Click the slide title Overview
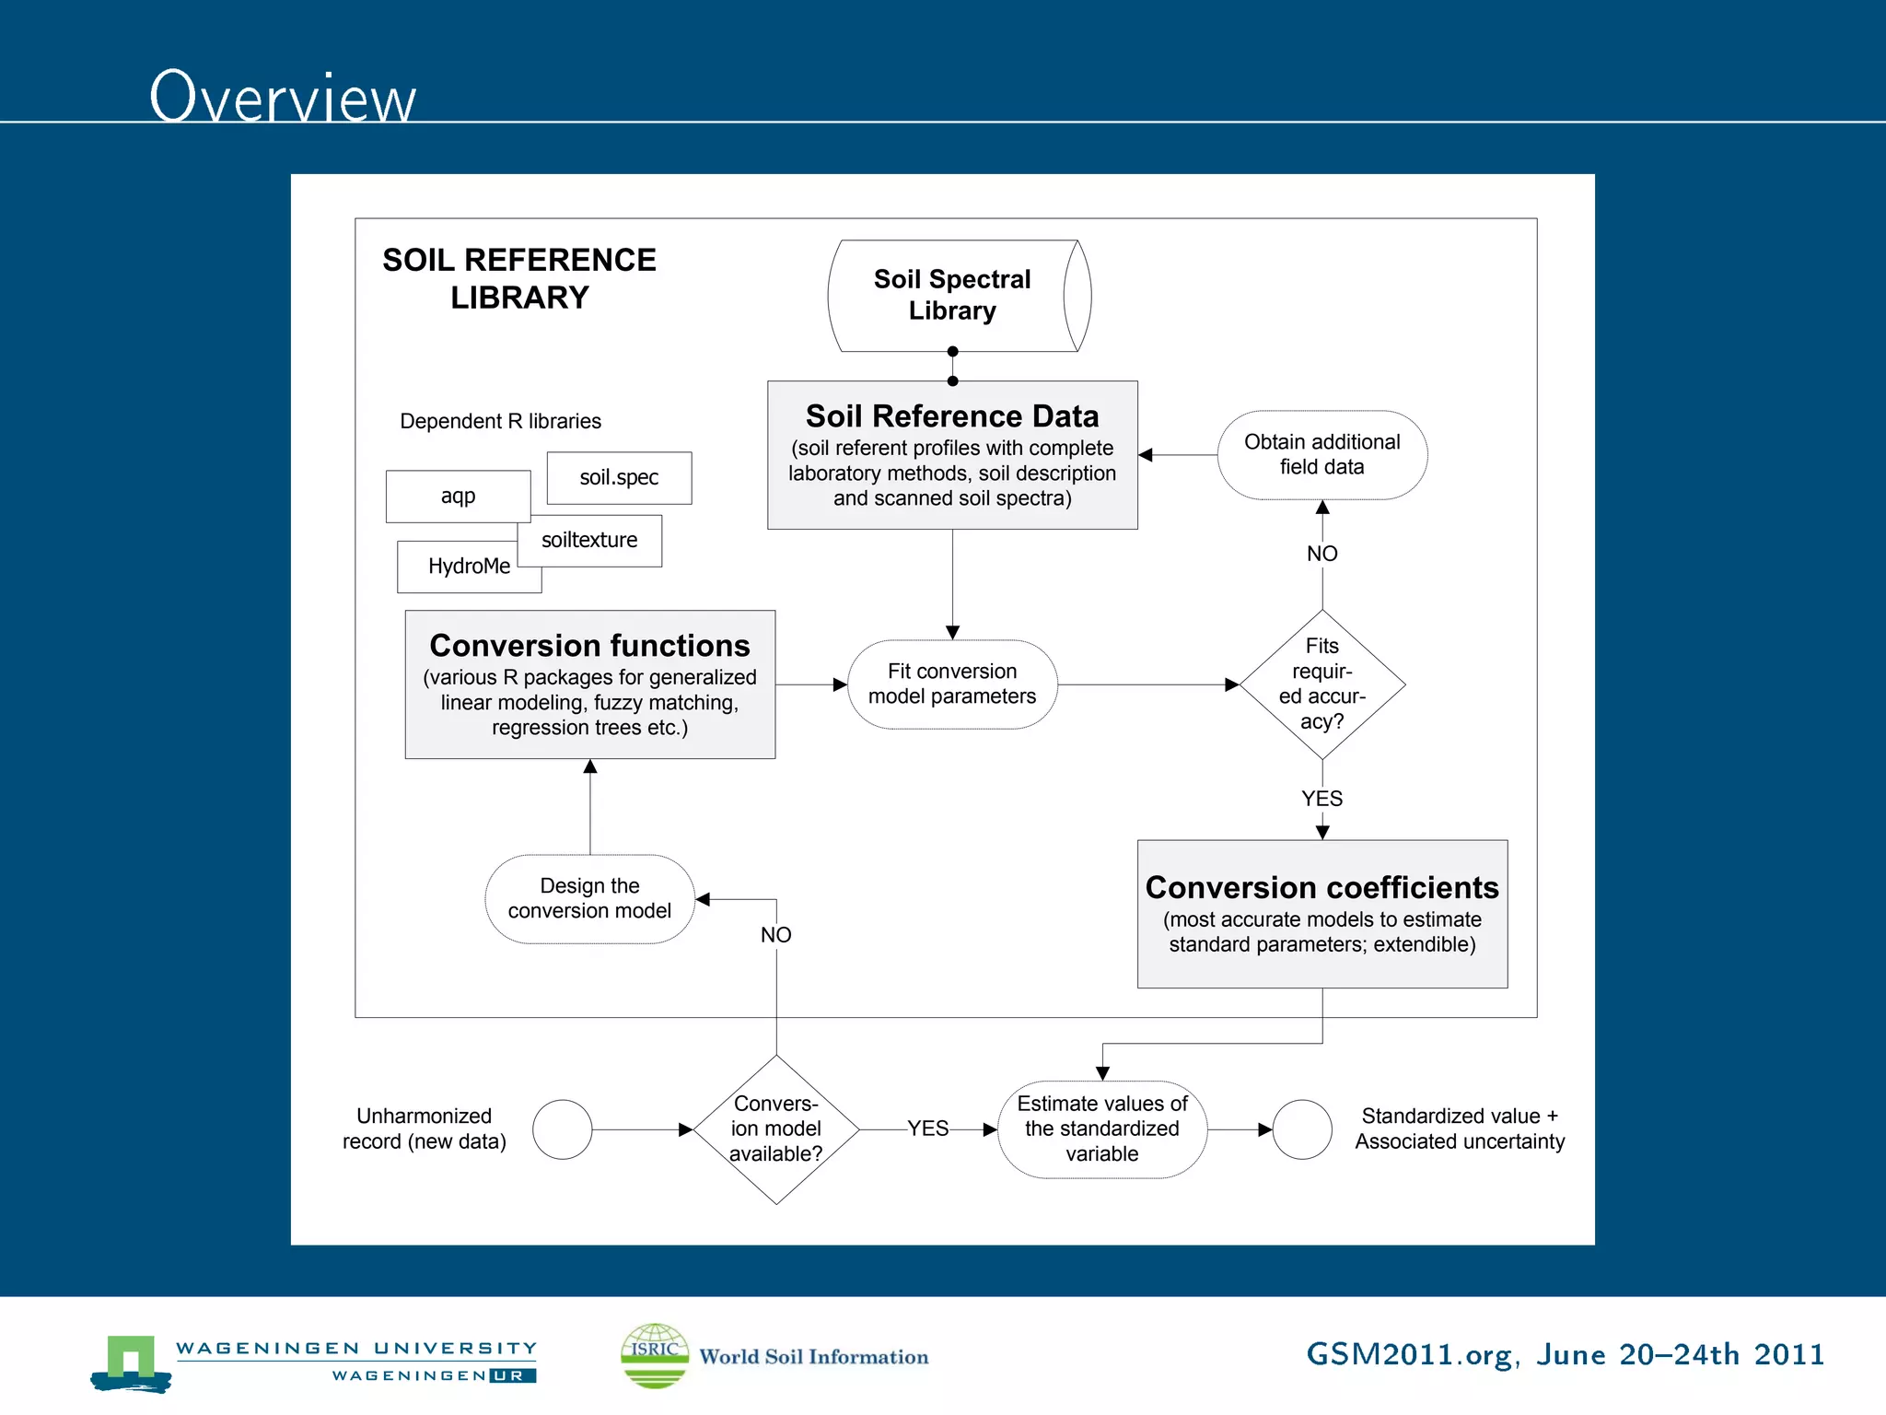(283, 97)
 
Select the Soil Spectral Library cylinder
(953, 295)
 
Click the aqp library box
(458, 496)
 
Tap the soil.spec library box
(619, 477)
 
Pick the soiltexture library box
(589, 540)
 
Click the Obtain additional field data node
(1321, 455)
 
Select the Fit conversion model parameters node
(952, 684)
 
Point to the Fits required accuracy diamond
(1321, 684)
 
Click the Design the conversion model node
(589, 898)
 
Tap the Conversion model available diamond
(775, 1128)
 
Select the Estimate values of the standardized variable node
(1102, 1128)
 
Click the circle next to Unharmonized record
(562, 1129)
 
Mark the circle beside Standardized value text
(1301, 1129)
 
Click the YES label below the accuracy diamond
(1321, 799)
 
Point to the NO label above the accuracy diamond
(1321, 554)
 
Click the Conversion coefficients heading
(1321, 887)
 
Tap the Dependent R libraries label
(500, 421)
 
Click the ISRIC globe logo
(655, 1355)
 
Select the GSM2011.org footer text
(1565, 1354)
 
